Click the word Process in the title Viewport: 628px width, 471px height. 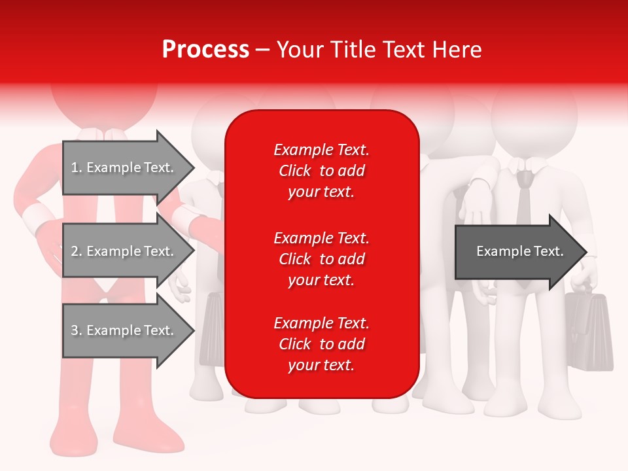point(205,50)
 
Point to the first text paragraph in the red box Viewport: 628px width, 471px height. point(321,171)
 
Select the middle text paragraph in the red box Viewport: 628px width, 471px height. point(321,259)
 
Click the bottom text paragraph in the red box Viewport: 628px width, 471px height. point(321,344)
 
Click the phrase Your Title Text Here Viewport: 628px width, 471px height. point(379,50)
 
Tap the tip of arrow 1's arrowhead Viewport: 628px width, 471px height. point(194,167)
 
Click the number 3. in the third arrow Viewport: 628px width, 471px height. point(77,330)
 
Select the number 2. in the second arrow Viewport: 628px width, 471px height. point(77,251)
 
